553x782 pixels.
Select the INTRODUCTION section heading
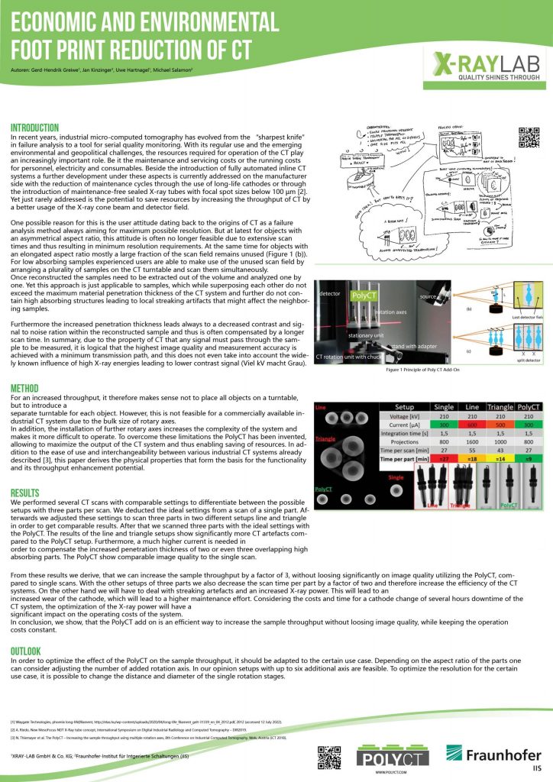pos(35,128)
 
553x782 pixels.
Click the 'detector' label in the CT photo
pos(329,293)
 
